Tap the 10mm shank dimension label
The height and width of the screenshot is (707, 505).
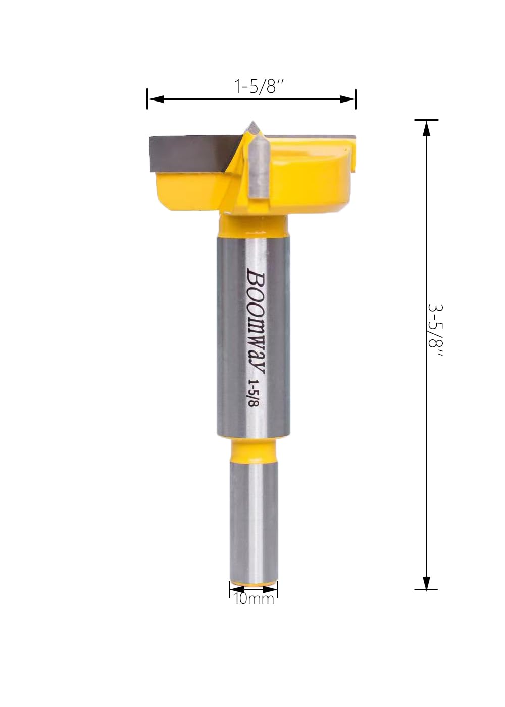[254, 599]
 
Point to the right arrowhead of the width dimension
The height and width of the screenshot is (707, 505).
[348, 99]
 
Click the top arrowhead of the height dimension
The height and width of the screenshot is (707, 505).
[427, 128]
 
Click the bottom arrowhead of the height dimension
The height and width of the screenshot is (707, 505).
[427, 582]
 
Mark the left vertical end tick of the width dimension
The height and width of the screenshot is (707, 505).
[147, 99]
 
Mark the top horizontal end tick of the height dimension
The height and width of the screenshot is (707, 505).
[427, 120]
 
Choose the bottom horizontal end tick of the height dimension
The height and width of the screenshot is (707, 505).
[427, 589]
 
